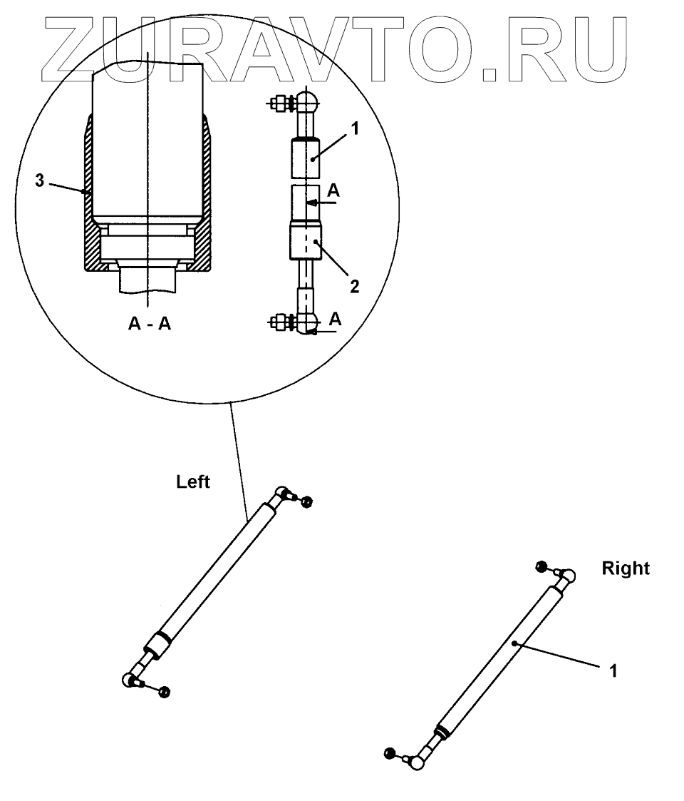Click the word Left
[193, 483]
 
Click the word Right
[626, 569]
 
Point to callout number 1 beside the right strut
[611, 671]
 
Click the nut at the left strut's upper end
[306, 502]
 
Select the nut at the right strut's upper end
[541, 566]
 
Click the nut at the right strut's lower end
[390, 752]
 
